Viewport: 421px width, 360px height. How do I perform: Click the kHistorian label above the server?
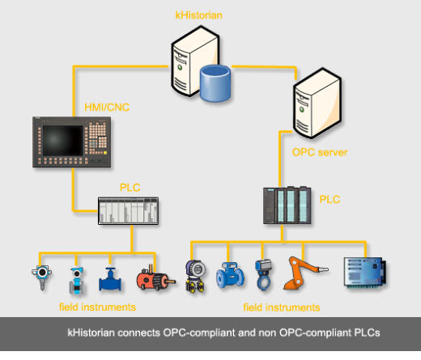199,15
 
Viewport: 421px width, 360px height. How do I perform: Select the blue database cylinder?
215,83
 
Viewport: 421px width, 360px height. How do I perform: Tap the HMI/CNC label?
107,108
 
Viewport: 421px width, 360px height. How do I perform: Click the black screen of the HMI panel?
62,141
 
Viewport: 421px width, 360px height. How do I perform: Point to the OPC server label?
320,152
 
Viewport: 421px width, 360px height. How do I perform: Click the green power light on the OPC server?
302,110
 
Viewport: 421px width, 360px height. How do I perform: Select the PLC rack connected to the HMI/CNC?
128,211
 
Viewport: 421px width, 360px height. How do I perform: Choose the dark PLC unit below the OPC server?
287,205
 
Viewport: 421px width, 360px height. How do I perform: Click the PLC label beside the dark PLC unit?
330,200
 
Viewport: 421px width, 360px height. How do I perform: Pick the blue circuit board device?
365,272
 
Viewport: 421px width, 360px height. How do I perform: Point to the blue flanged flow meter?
230,275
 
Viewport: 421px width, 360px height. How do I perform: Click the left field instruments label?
97,307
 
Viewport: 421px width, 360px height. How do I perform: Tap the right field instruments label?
282,307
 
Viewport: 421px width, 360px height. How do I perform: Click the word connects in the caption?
138,332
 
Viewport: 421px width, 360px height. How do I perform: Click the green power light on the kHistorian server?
180,67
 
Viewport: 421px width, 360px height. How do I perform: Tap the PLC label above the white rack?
130,188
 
